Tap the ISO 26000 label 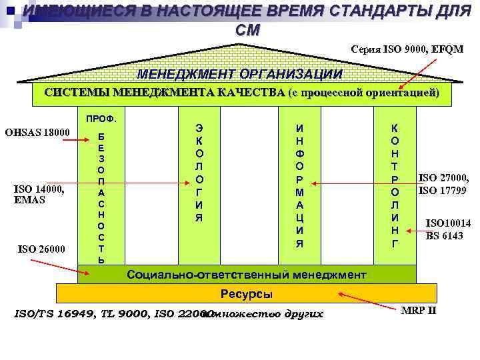pos(41,249)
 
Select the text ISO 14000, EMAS pos(39,193)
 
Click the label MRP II pos(419,311)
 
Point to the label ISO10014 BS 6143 pos(448,229)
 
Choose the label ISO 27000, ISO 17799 pos(443,184)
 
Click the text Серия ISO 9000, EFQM pos(407,49)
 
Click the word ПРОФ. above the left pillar pos(102,119)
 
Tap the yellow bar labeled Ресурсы pos(246,294)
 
